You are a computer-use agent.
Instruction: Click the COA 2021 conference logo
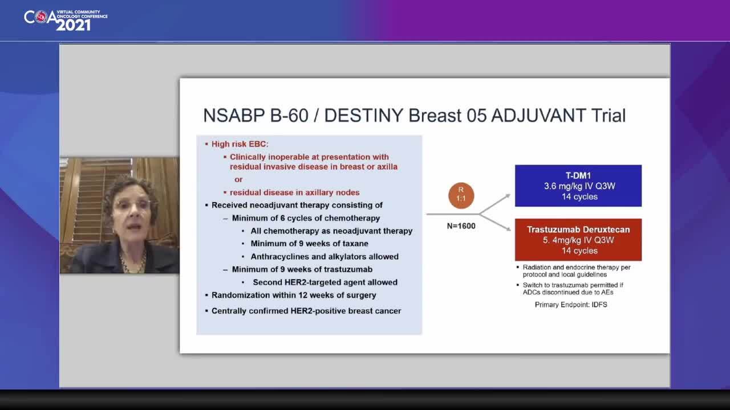(x=66, y=20)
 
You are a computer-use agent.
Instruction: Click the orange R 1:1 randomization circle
(x=461, y=195)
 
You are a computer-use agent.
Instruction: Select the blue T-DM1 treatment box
(x=578, y=186)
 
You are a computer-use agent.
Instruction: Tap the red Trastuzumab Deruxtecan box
(x=578, y=240)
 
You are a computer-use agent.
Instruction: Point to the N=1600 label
(x=461, y=226)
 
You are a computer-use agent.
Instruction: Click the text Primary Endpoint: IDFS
(x=571, y=305)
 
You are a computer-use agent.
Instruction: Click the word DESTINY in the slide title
(x=364, y=116)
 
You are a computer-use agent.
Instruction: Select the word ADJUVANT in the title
(x=538, y=116)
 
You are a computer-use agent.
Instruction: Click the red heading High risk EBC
(x=240, y=144)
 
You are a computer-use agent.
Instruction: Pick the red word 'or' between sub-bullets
(x=238, y=179)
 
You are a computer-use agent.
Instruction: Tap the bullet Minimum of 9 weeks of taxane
(x=309, y=244)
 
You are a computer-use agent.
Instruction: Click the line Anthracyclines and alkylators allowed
(x=325, y=257)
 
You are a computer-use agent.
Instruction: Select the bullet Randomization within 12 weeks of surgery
(x=294, y=295)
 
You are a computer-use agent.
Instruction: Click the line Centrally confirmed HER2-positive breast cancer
(x=306, y=311)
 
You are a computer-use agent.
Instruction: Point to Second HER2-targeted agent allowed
(x=325, y=282)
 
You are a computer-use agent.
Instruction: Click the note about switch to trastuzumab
(x=573, y=289)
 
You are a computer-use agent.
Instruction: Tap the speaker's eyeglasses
(x=133, y=205)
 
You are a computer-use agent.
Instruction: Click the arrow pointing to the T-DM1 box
(x=494, y=204)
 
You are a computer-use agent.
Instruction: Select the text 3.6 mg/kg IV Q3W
(x=579, y=186)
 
